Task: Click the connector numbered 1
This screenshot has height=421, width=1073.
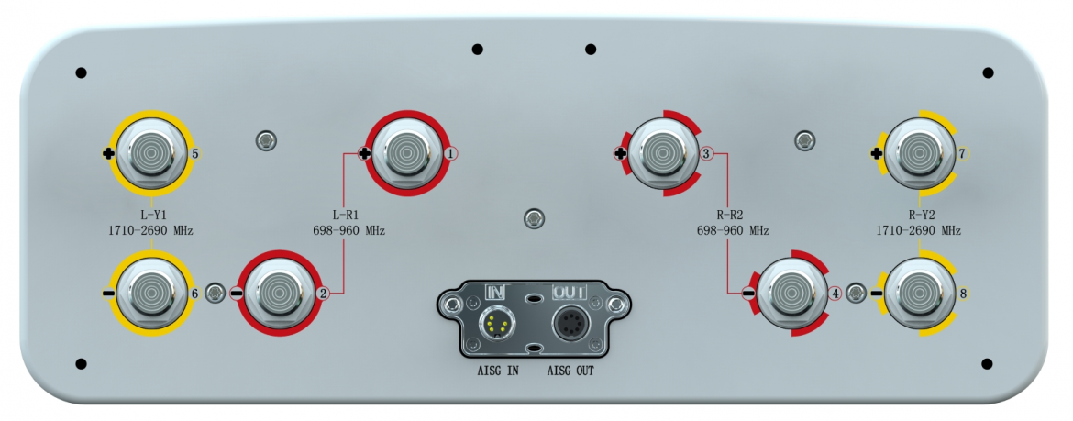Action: (x=404, y=152)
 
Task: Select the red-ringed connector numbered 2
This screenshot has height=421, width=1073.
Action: (x=277, y=293)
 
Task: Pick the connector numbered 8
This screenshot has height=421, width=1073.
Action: (x=918, y=293)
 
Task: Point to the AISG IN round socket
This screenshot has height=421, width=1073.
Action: (x=497, y=323)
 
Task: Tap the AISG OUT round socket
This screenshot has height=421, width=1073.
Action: (x=569, y=323)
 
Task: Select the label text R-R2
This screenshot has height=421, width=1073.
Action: (x=731, y=216)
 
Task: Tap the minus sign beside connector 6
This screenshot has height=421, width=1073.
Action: (x=109, y=294)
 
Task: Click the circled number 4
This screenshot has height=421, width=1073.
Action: (x=834, y=294)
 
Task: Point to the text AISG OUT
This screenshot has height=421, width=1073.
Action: (x=571, y=371)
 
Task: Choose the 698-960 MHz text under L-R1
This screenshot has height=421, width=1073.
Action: (x=348, y=231)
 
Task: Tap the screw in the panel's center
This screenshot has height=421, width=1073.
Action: (x=533, y=218)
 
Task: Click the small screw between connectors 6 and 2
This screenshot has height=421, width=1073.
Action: (x=215, y=293)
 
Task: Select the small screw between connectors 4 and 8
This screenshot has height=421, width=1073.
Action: (x=855, y=294)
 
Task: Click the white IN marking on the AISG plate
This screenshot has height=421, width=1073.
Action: (x=495, y=292)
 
